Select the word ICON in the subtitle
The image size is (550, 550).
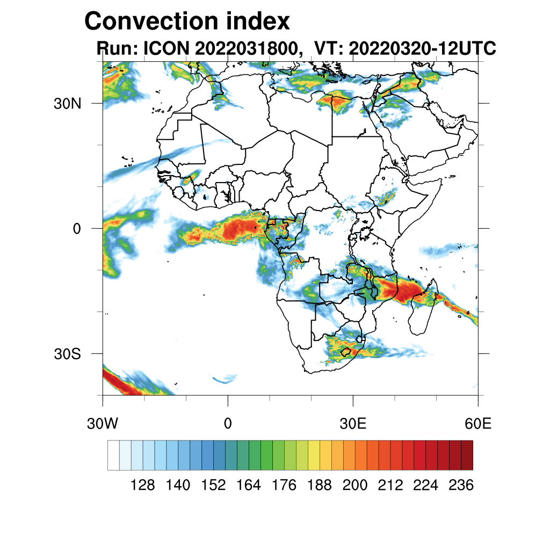click(165, 49)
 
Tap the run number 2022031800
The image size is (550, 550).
click(248, 49)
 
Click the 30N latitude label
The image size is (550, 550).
click(67, 104)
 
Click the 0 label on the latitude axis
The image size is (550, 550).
click(76, 229)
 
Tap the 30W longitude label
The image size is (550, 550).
click(102, 423)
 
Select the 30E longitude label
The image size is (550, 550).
click(353, 423)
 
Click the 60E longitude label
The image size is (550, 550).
click(478, 423)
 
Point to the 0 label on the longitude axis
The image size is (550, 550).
click(228, 423)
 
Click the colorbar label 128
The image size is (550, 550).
click(143, 486)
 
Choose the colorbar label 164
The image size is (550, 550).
click(249, 486)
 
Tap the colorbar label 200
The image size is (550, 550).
click(355, 486)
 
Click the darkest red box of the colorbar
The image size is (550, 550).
click(467, 455)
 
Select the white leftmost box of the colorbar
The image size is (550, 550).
click(113, 455)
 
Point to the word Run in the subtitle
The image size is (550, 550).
click(114, 49)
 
